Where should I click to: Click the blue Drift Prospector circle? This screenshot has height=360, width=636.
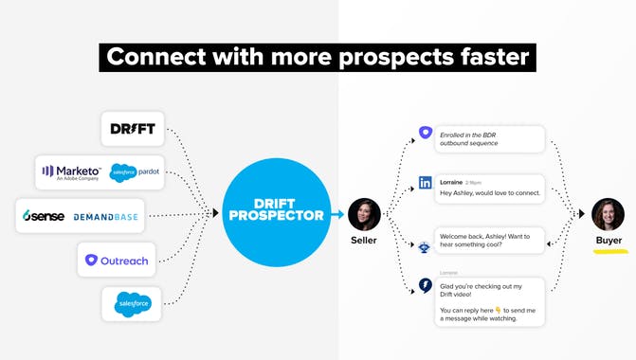tap(275, 214)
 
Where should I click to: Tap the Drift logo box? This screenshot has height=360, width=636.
tap(133, 128)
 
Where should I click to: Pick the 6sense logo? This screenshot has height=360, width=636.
tap(44, 216)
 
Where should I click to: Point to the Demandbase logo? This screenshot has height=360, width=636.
tap(105, 217)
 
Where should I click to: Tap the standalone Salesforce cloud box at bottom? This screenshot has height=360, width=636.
tap(132, 303)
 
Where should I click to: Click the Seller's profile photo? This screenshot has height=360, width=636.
tap(365, 215)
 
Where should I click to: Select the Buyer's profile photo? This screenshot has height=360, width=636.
tap(608, 215)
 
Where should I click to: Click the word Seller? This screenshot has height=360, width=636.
tap(365, 241)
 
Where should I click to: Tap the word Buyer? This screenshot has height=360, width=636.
tap(609, 241)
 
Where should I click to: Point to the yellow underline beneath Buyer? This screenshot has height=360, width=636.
tap(609, 250)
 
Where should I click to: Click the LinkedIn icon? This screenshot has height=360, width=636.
tap(425, 183)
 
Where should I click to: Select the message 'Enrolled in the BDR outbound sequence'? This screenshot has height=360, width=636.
tap(489, 140)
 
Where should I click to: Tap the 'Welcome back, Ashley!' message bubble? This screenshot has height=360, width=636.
tap(489, 240)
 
